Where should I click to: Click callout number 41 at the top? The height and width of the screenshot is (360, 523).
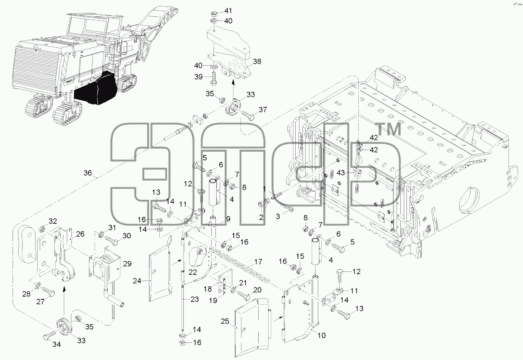228,11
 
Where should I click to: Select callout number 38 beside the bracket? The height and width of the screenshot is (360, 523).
257,61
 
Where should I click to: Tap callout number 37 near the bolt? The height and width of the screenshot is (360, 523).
263,110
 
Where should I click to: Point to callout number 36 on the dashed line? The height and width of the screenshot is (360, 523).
87,173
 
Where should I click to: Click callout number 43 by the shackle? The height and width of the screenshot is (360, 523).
341,173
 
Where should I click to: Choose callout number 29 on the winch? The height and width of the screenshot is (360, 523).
127,264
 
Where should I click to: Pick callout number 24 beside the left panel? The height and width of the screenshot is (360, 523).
137,281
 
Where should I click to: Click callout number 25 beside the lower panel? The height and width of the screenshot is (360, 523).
225,321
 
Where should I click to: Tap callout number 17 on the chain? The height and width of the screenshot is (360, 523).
258,262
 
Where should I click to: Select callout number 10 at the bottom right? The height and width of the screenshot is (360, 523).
322,336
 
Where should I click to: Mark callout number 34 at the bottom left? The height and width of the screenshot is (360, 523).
57,344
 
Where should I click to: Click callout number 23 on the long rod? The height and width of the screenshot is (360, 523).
194,299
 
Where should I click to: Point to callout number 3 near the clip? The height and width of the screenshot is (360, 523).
278,216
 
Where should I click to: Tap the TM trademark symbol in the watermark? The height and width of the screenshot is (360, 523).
389,129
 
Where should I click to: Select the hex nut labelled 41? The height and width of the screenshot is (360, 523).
214,13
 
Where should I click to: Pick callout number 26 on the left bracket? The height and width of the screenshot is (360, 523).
80,234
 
